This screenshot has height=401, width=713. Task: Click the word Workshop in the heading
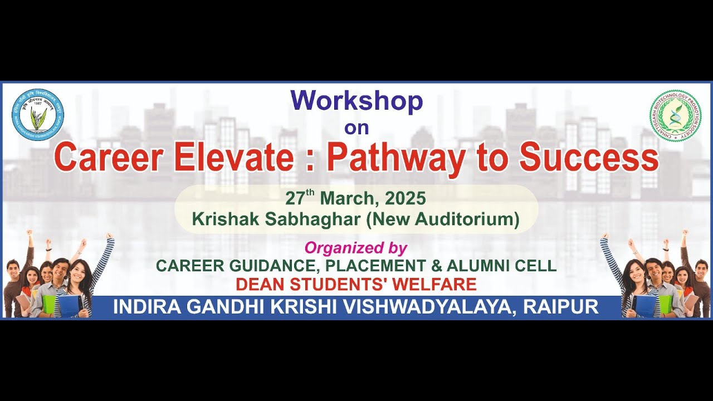pyautogui.click(x=356, y=101)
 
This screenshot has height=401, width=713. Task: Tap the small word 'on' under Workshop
pyautogui.click(x=356, y=128)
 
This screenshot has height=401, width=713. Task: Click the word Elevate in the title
pyautogui.click(x=233, y=157)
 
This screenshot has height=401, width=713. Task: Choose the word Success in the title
pyautogui.click(x=589, y=157)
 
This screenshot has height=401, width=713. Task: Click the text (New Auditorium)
pyautogui.click(x=442, y=219)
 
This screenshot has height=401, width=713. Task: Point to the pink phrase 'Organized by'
pyautogui.click(x=356, y=248)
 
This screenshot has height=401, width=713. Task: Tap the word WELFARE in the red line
pyautogui.click(x=434, y=285)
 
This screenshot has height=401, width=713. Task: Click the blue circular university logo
pyautogui.click(x=38, y=115)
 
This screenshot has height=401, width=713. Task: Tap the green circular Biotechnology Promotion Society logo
pyautogui.click(x=675, y=115)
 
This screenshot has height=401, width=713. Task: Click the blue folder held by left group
pyautogui.click(x=69, y=306)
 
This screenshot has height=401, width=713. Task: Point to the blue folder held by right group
pyautogui.click(x=645, y=306)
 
